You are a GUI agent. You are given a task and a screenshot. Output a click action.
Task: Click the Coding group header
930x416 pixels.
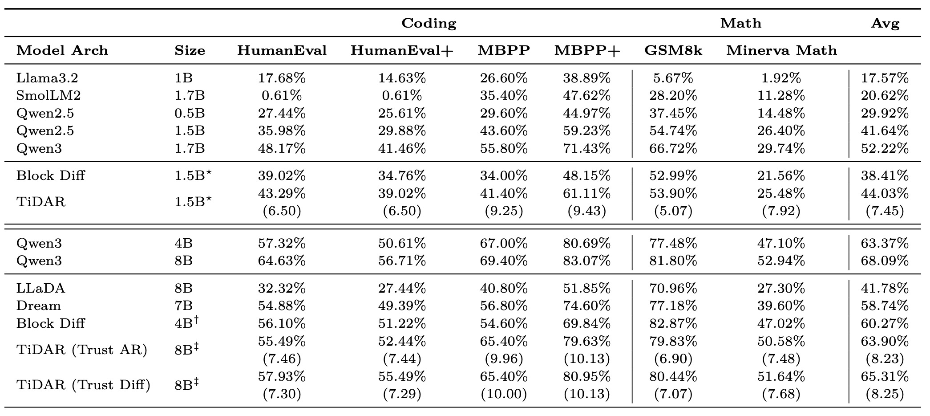[429, 23]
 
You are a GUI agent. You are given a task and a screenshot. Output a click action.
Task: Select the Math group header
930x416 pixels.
[740, 23]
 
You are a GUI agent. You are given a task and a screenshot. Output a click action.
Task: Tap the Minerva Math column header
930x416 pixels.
[781, 50]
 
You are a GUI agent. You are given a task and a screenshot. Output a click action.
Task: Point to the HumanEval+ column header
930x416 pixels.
[402, 50]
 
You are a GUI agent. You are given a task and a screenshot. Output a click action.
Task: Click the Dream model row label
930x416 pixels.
[39, 306]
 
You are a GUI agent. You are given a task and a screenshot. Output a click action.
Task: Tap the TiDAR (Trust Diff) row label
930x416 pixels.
[83, 385]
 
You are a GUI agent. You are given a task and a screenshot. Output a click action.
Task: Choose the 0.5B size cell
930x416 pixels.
[190, 113]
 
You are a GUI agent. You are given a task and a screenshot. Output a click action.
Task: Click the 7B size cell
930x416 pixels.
[183, 306]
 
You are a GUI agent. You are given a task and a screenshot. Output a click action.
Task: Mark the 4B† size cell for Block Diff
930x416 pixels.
[186, 322]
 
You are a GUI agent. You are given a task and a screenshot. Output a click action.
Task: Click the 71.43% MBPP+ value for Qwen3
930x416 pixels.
[586, 148]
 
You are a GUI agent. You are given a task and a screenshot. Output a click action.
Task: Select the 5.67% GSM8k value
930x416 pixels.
[673, 78]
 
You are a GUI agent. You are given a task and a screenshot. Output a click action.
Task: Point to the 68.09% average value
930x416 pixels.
[885, 261]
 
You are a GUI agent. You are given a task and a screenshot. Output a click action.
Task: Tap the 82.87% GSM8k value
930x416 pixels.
[673, 323]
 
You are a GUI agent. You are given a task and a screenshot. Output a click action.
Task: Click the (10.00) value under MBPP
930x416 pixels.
[504, 394]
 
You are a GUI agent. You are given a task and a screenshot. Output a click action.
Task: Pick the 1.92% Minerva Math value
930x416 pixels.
[781, 78]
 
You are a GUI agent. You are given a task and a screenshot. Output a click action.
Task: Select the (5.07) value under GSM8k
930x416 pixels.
[673, 211]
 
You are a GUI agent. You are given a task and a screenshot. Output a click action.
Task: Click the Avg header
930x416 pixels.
[885, 23]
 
